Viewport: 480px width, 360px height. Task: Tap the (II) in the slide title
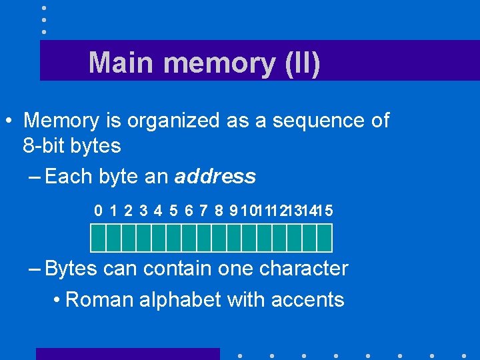(x=301, y=63)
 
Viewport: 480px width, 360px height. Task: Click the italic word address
(x=215, y=177)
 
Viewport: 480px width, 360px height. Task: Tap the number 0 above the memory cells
(x=99, y=211)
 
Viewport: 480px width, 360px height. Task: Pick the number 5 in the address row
(x=173, y=211)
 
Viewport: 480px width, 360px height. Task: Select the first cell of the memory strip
(x=98, y=237)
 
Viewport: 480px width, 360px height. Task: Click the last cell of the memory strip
(x=325, y=237)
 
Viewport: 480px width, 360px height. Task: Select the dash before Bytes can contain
(x=35, y=269)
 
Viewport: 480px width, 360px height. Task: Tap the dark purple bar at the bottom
(x=127, y=354)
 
